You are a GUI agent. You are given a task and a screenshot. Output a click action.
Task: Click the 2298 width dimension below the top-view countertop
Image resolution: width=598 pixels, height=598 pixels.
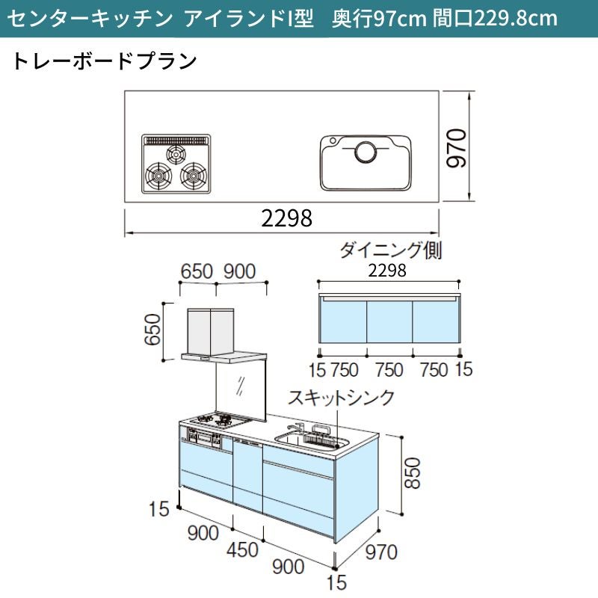(286, 218)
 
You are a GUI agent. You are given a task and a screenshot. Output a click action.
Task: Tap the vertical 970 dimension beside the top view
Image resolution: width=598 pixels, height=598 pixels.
(457, 147)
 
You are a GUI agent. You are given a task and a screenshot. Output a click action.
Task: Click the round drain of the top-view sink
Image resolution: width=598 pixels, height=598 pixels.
(366, 152)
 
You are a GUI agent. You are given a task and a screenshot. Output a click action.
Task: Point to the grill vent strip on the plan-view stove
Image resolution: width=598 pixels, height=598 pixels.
(176, 140)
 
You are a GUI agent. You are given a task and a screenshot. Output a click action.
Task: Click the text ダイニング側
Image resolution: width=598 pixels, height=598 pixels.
(390, 250)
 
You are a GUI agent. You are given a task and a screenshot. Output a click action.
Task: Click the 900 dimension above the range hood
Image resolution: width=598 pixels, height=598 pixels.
(239, 271)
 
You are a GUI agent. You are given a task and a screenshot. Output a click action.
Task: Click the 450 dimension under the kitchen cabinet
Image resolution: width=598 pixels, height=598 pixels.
(242, 550)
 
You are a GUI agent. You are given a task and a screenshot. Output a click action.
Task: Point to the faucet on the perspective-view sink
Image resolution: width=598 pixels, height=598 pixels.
(298, 428)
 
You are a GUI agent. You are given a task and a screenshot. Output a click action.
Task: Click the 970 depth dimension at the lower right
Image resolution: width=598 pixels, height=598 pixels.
(380, 552)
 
